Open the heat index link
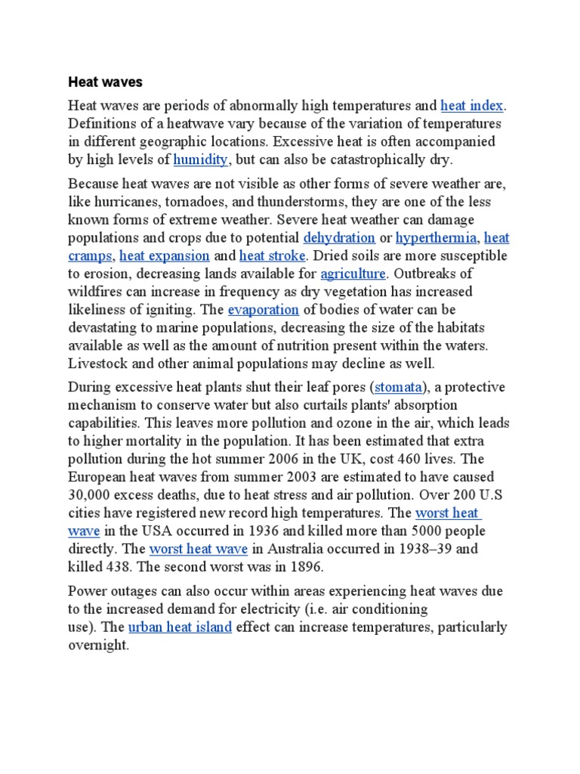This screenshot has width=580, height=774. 472,104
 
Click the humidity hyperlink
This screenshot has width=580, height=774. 201,159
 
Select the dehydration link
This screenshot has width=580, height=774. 339,237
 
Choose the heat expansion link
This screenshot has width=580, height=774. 165,255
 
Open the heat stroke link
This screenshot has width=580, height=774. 273,255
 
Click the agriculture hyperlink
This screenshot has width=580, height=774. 353,274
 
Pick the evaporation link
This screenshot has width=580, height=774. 264,310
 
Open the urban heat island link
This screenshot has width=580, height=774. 180,627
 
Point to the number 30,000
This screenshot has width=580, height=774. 90,496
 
